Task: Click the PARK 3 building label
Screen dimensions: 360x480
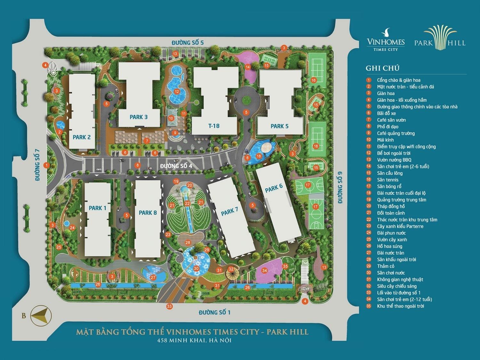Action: pos(139,117)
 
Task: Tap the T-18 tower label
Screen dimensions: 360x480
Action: pos(214,126)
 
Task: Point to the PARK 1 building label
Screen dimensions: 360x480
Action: pos(97,208)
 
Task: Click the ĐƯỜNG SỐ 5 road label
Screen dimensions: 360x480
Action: pos(187,43)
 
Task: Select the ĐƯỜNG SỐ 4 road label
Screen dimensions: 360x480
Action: pos(176,166)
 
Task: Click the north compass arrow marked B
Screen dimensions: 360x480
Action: pos(41,315)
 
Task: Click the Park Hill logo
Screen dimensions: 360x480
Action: pos(440,38)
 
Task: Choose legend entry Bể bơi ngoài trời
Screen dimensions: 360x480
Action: pos(394,153)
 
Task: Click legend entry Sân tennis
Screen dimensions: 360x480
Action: pos(388,180)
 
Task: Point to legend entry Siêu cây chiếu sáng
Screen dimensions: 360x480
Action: pos(397,286)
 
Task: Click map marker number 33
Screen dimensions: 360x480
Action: pos(169,306)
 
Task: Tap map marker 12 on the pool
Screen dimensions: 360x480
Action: pos(177,92)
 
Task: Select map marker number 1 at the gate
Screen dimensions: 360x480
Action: pos(47,165)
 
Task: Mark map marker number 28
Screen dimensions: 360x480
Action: pos(188,243)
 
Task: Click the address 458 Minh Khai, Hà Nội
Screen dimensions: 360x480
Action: pos(194,340)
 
